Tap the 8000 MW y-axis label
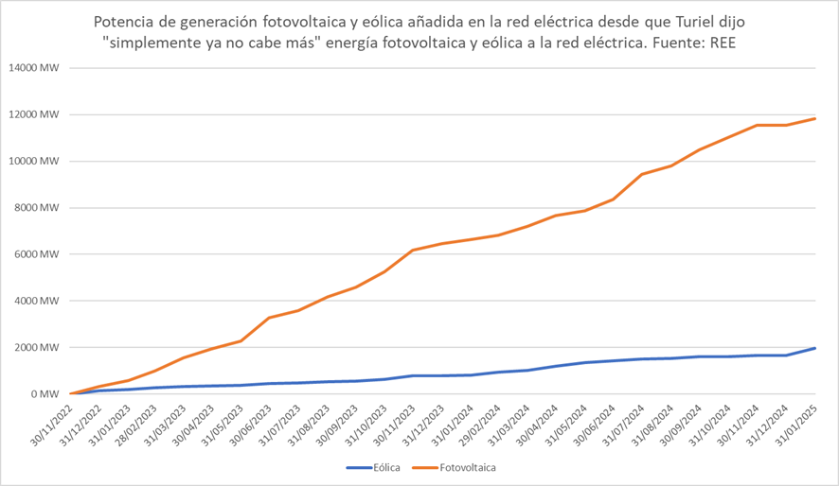[37, 208]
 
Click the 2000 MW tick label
[37, 348]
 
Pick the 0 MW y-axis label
[44, 394]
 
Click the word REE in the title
[722, 43]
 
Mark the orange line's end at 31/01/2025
[815, 118]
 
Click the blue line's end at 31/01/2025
[815, 348]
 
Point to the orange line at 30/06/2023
[270, 318]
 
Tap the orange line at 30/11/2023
[412, 251]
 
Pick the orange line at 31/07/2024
[641, 174]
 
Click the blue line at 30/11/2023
[412, 375]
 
